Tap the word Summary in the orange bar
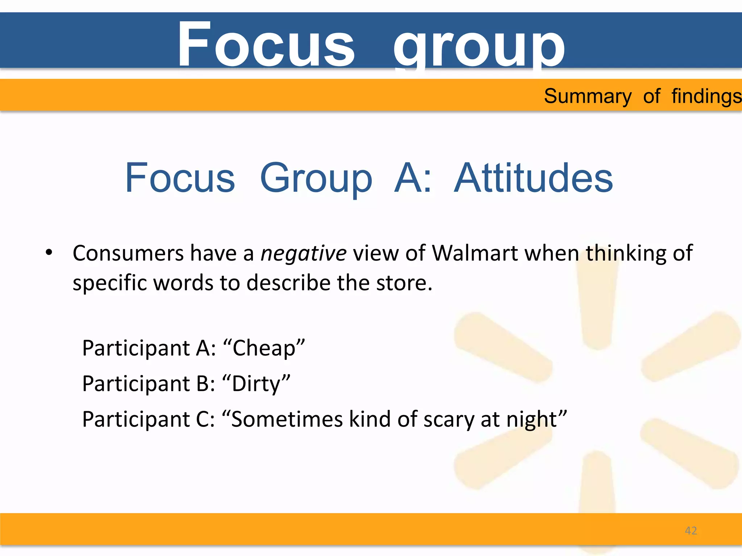click(x=588, y=97)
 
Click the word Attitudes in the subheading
click(x=533, y=178)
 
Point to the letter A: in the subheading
click(x=413, y=178)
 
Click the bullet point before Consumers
click(x=49, y=253)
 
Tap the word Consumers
click(x=128, y=253)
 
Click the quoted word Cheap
click(x=264, y=348)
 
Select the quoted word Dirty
click(x=256, y=384)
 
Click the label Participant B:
click(x=149, y=384)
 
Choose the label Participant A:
click(x=149, y=348)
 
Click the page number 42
click(x=691, y=531)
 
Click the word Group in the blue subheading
click(x=316, y=179)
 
